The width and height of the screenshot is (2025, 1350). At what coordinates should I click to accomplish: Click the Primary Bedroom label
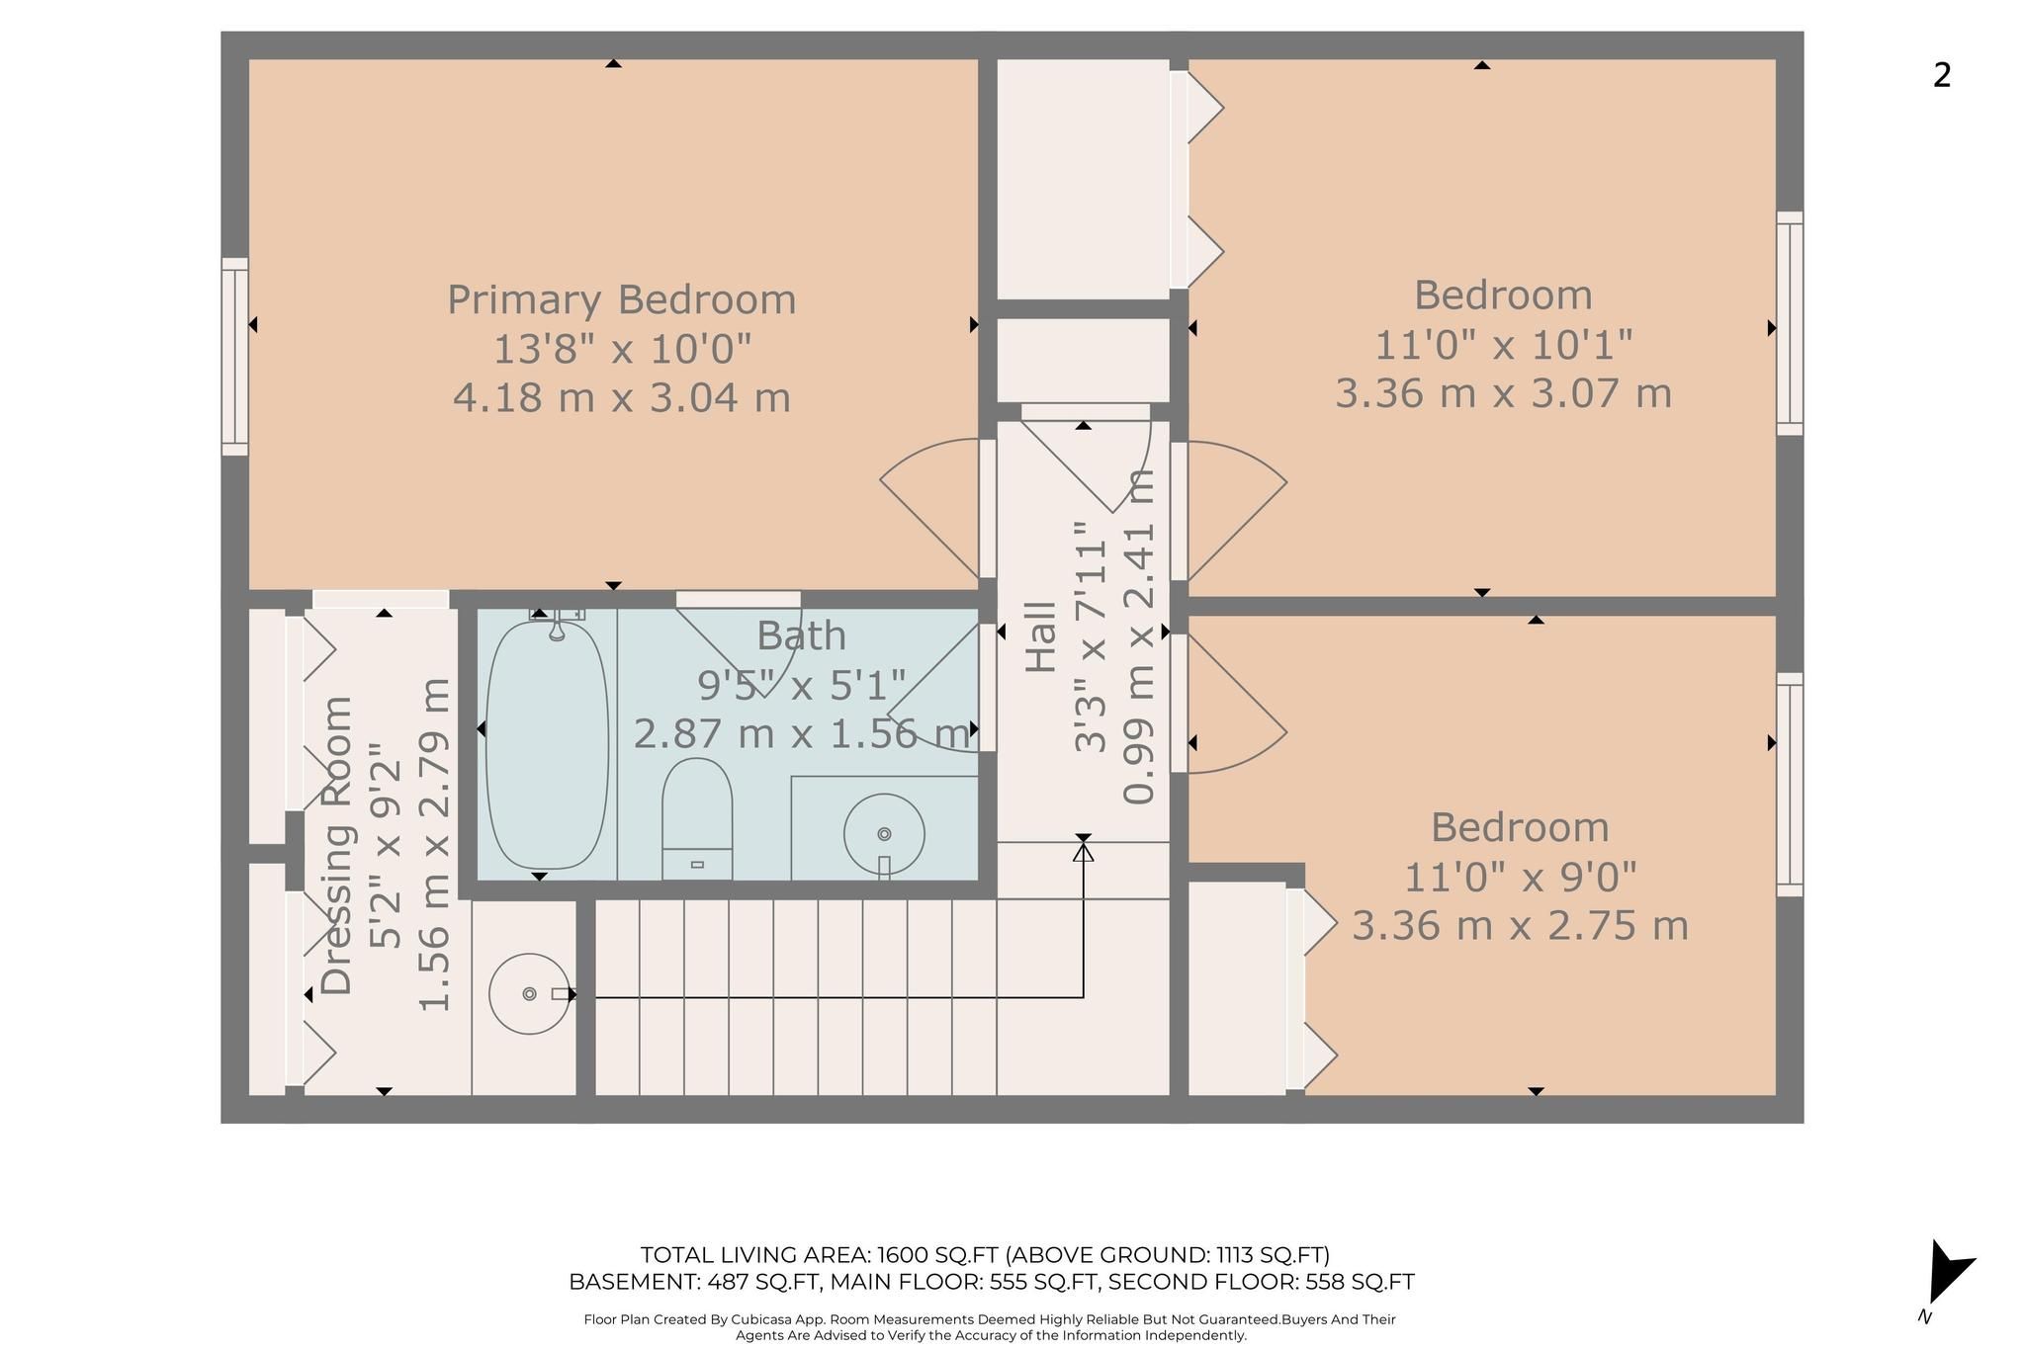(x=622, y=300)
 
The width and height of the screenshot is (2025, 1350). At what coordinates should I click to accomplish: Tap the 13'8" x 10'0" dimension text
(x=622, y=349)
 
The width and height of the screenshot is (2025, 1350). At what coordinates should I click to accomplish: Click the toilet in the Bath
(x=697, y=818)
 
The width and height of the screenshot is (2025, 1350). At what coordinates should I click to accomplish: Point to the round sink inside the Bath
(x=884, y=834)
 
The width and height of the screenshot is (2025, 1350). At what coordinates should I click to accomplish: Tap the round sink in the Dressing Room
(x=530, y=993)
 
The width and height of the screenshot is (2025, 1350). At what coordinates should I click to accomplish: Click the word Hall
(x=1040, y=637)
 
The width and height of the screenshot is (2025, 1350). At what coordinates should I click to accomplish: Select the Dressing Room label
(x=337, y=845)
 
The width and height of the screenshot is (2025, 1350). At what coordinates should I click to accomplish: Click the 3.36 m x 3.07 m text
(x=1503, y=393)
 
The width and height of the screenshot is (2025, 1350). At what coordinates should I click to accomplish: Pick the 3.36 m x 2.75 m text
(x=1520, y=926)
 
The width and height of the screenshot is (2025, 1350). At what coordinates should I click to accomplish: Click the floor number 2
(x=1942, y=75)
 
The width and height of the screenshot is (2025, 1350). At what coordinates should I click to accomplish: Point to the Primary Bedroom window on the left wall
(x=234, y=357)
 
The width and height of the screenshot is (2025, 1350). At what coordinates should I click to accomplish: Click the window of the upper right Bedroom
(x=1790, y=323)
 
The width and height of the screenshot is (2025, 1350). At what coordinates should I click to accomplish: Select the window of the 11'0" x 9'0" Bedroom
(x=1790, y=785)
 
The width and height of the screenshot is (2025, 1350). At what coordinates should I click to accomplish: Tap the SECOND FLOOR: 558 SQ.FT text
(x=1261, y=1282)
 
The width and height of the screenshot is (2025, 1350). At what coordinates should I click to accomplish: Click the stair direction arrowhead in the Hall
(x=1084, y=851)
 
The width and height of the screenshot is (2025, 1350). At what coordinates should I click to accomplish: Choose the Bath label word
(x=802, y=635)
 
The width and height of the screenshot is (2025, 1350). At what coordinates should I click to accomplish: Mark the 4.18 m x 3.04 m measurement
(x=622, y=397)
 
